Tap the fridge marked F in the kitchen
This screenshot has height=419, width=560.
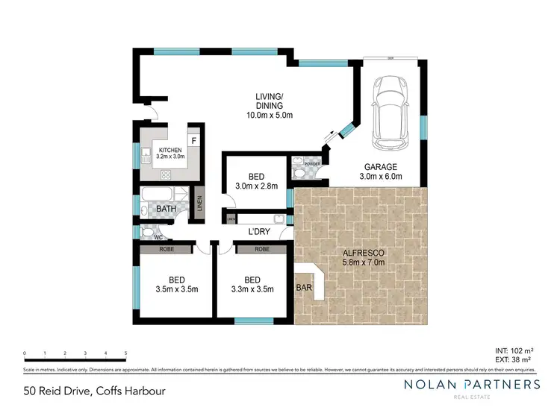194,140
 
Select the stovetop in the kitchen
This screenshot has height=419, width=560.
166,175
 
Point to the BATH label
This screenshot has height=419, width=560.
166,209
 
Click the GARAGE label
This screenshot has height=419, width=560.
380,166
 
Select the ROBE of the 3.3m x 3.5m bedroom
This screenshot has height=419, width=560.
261,250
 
